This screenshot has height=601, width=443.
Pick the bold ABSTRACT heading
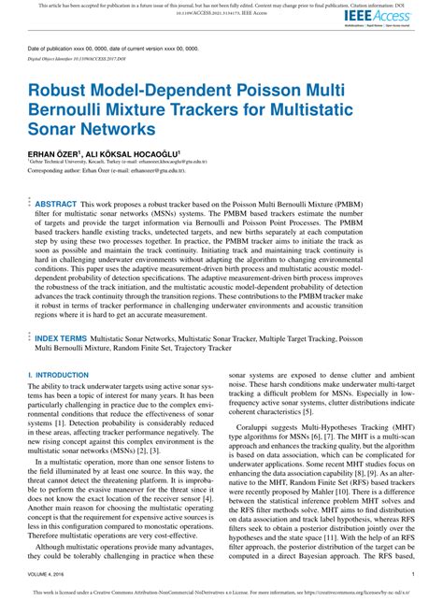coord(56,202)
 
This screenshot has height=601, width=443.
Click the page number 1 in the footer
coord(413,575)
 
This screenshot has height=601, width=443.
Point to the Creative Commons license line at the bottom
coord(221,593)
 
